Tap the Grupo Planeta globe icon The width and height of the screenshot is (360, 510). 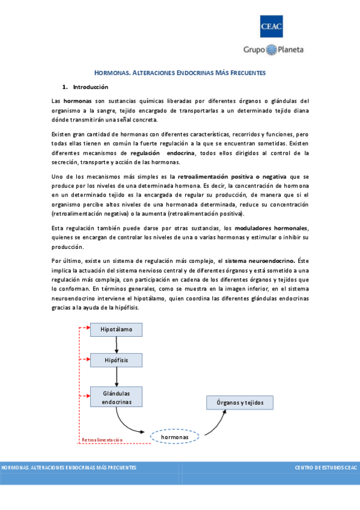pyautogui.click(x=272, y=49)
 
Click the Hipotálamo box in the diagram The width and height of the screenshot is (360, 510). pyautogui.click(x=116, y=330)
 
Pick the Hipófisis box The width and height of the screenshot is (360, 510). pyautogui.click(x=116, y=360)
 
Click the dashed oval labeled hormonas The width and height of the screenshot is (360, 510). pyautogui.click(x=174, y=436)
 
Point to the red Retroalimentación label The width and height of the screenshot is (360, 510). pyautogui.click(x=102, y=440)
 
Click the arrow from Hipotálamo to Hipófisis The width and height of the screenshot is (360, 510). pyautogui.click(x=117, y=345)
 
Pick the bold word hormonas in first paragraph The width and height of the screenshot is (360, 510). pyautogui.click(x=77, y=100)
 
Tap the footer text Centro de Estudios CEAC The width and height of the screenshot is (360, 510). pyautogui.click(x=326, y=467)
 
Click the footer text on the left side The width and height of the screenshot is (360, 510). pyautogui.click(x=69, y=467)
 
